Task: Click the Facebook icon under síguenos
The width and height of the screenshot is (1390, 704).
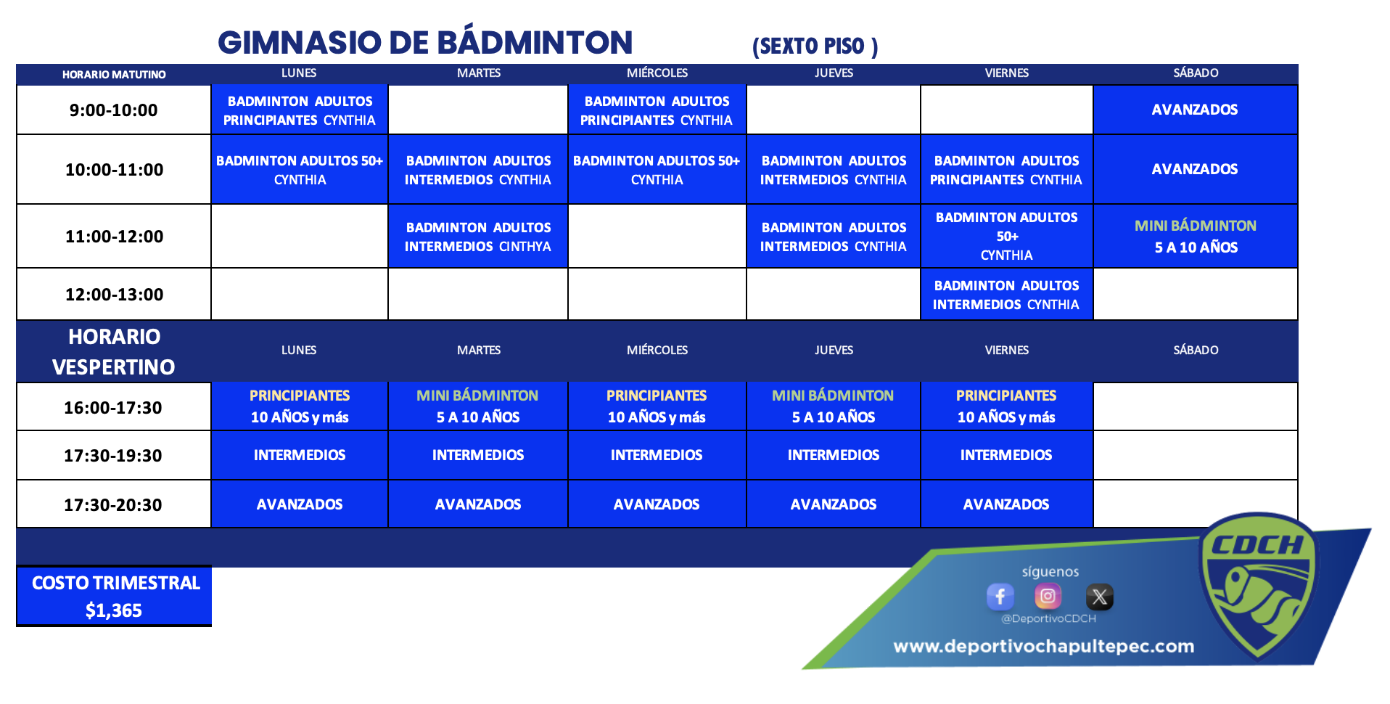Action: (1000, 597)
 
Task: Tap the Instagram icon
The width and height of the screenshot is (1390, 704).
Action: (1048, 597)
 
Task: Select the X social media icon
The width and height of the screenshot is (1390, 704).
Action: (1100, 597)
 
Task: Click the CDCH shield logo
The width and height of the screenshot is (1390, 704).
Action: (1259, 585)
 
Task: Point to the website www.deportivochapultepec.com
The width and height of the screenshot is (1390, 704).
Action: (1043, 646)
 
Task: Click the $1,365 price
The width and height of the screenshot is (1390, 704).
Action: (114, 610)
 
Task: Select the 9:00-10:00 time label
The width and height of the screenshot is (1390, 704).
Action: (114, 110)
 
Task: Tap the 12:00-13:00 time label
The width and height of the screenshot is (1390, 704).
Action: (114, 295)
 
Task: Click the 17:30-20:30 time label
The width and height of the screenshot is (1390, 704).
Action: (113, 505)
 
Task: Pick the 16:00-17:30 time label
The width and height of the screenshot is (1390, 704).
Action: (113, 408)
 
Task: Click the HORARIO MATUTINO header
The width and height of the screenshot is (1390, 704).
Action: (114, 75)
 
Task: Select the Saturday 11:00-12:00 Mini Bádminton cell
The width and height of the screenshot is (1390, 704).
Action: (1196, 236)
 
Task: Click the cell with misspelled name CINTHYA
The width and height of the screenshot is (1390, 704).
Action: (478, 236)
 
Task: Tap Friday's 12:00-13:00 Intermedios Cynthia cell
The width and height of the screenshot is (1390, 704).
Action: (1006, 294)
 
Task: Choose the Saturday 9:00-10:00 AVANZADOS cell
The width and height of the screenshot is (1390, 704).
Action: (1196, 110)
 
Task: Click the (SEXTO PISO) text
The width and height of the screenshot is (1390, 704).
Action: (815, 46)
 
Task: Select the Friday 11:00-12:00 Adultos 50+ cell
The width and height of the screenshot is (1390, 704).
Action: (1006, 236)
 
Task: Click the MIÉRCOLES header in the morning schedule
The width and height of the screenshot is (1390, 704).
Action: (657, 73)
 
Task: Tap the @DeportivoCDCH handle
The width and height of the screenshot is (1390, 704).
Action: (1048, 619)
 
